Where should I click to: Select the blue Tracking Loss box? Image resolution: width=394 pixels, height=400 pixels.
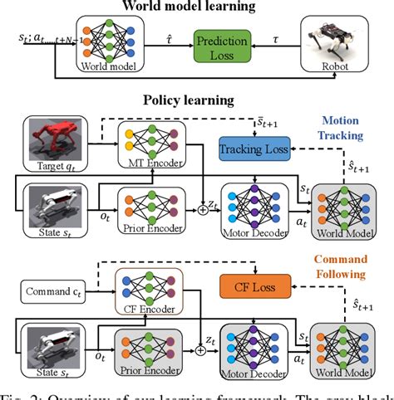tap(253, 149)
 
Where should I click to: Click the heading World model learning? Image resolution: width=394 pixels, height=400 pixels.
tap(197, 7)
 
